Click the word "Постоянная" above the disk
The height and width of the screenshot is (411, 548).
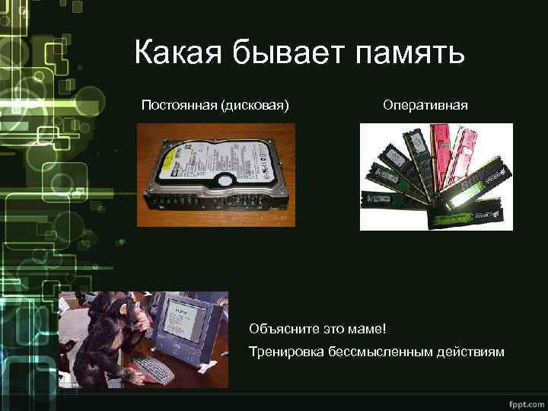pos(179,104)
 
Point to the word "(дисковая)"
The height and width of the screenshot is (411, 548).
pos(254,104)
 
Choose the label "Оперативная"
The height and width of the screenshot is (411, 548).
pos(425,104)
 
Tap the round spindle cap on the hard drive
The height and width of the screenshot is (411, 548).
pos(227,180)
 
